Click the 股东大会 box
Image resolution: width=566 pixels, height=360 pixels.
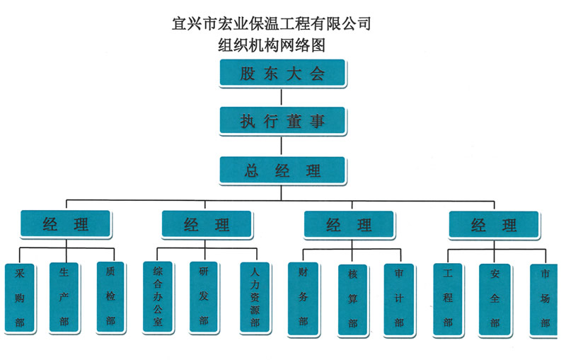[282, 74]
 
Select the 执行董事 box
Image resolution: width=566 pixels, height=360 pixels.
[282, 121]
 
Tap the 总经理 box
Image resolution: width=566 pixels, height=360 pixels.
[282, 170]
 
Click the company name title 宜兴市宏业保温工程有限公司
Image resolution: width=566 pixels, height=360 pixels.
[272, 23]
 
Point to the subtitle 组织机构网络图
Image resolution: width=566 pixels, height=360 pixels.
[272, 44]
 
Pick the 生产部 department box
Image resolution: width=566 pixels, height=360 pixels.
[64, 298]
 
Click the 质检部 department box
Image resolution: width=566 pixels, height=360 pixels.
[110, 298]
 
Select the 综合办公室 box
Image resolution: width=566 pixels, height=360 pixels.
[157, 298]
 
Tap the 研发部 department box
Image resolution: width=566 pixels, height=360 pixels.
[204, 298]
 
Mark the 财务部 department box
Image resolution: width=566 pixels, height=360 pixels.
[304, 298]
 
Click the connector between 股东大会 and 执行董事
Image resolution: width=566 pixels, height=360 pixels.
[282, 97]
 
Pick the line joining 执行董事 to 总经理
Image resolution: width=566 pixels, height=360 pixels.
[282, 146]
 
